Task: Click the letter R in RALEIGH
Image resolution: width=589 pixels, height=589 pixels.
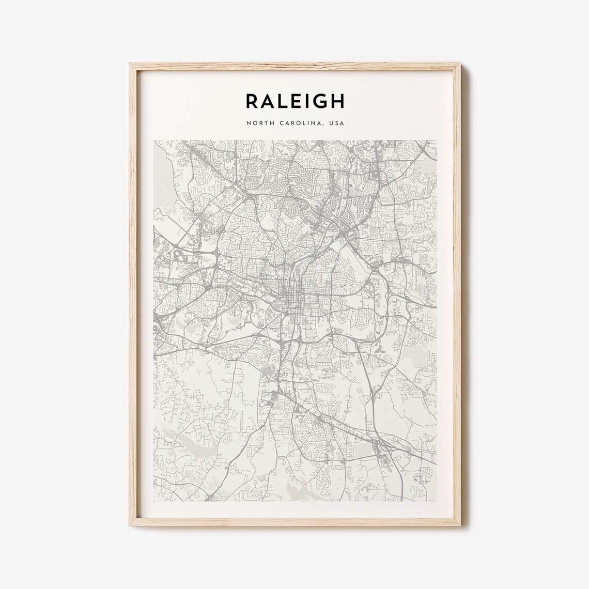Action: point(253,101)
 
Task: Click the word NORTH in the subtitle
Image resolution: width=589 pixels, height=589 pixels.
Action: point(258,123)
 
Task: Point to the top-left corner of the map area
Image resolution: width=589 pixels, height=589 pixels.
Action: point(154,140)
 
